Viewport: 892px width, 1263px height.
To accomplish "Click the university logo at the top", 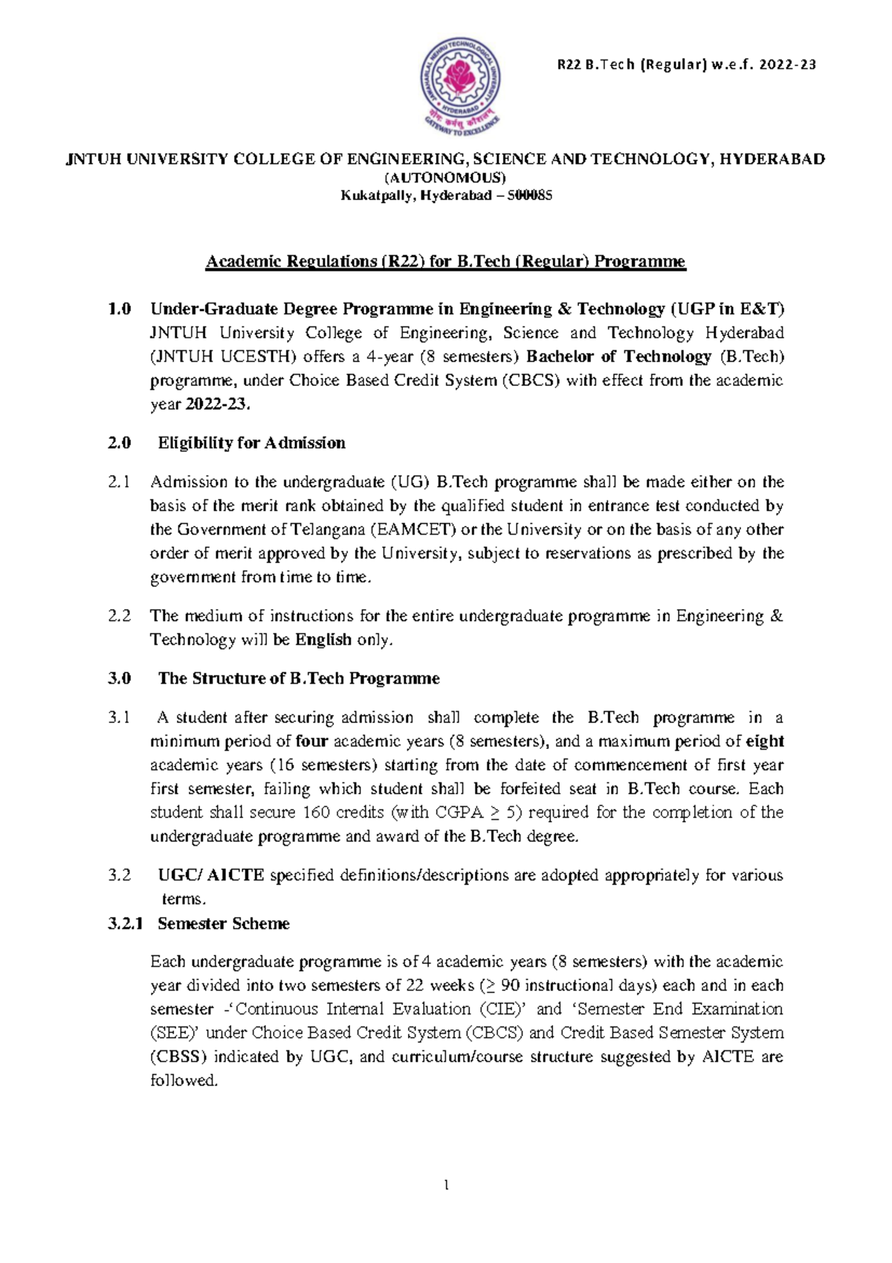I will (x=460, y=88).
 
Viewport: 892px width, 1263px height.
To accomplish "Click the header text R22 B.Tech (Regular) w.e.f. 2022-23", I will (x=686, y=65).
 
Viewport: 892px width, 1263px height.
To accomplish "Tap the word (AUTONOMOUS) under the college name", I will (x=445, y=177).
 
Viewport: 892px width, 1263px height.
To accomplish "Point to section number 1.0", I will (x=119, y=309).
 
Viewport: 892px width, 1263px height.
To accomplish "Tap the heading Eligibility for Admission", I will (x=251, y=443).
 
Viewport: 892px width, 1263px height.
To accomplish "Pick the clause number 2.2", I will (x=119, y=616).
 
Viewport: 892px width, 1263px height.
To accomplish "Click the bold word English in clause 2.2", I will (x=323, y=640).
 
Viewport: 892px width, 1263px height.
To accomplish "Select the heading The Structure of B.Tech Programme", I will (x=298, y=678).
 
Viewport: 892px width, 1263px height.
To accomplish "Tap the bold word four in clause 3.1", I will (x=311, y=742).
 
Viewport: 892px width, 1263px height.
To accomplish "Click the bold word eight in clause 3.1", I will (x=764, y=742).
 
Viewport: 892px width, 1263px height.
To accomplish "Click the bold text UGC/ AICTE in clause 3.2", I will (x=211, y=875).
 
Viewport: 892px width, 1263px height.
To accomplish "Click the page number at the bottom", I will (x=446, y=1185).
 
